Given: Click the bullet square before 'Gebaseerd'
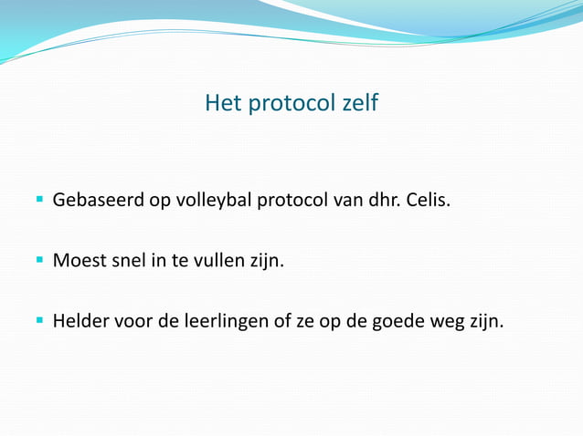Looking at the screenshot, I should (40, 197).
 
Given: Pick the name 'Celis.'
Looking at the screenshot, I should (428, 199).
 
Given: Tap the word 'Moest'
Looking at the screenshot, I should (79, 261).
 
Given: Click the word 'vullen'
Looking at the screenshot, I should (218, 261).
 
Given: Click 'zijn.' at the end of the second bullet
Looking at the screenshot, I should (267, 261).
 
